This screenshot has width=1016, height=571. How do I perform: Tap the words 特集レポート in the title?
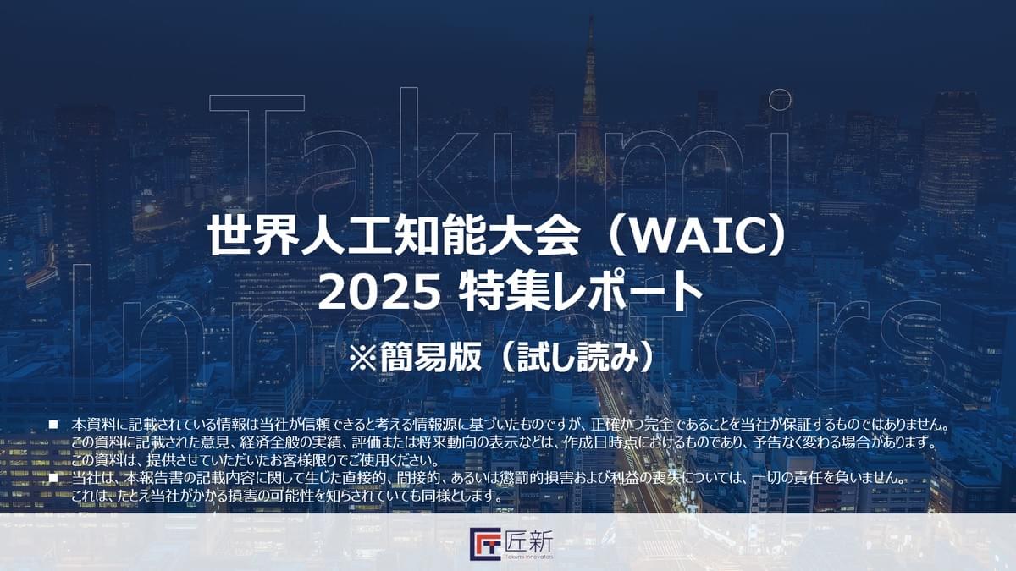pyautogui.click(x=580, y=294)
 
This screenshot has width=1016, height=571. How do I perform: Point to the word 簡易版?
pyautogui.click(x=430, y=358)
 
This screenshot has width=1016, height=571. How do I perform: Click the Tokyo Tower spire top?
pyautogui.click(x=591, y=19)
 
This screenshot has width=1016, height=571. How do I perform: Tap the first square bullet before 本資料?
pyautogui.click(x=54, y=425)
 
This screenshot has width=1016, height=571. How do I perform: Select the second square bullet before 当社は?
pyautogui.click(x=54, y=478)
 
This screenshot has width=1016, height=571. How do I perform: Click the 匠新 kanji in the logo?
pyautogui.click(x=529, y=540)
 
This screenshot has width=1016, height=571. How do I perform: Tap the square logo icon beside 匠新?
pyautogui.click(x=485, y=544)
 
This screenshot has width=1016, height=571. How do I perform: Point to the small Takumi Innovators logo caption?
pyautogui.click(x=529, y=557)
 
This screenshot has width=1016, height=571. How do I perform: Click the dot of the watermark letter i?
pyautogui.click(x=779, y=100)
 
